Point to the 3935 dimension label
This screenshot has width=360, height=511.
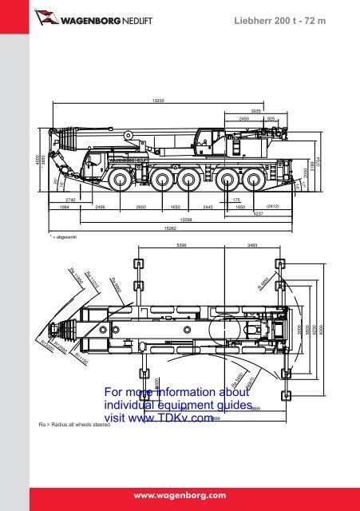click(x=256, y=110)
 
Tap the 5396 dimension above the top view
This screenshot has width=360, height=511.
click(x=182, y=246)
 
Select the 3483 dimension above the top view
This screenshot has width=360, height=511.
click(x=252, y=246)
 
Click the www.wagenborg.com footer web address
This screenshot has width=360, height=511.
click(x=180, y=494)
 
